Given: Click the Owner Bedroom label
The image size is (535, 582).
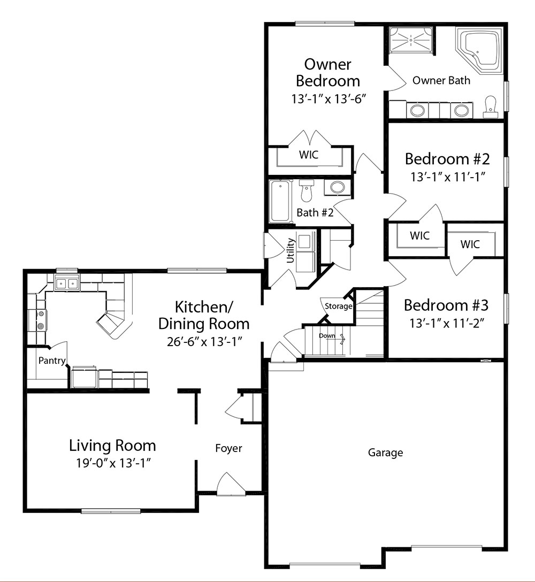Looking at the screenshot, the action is [x=328, y=73].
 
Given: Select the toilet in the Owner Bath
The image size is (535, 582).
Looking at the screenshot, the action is [x=491, y=107].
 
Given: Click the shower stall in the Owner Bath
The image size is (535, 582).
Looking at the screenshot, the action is [x=412, y=39].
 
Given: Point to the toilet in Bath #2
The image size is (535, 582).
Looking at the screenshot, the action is [x=307, y=190].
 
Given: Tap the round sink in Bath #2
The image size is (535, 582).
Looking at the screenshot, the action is [x=337, y=187].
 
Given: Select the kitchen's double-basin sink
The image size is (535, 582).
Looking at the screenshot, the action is [x=67, y=284].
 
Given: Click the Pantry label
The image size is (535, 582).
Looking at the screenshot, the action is [x=52, y=361].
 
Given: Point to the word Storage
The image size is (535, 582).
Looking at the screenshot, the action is [x=338, y=306].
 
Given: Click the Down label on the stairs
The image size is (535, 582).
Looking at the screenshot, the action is [x=327, y=336].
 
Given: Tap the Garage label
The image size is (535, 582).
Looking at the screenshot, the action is [x=385, y=453].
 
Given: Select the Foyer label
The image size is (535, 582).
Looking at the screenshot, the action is [x=228, y=448].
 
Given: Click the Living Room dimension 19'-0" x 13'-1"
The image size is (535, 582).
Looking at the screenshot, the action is [x=116, y=463].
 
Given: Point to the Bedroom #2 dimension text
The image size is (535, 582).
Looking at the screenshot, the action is [x=448, y=177].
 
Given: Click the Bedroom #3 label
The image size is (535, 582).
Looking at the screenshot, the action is [x=446, y=305].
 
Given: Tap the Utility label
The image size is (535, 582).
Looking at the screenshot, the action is [x=291, y=250].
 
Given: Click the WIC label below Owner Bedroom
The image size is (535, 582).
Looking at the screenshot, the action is [x=309, y=155].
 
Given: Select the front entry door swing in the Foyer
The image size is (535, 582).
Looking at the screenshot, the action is [x=230, y=484].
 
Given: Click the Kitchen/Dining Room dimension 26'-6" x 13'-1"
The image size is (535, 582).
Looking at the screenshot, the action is [x=204, y=341].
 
